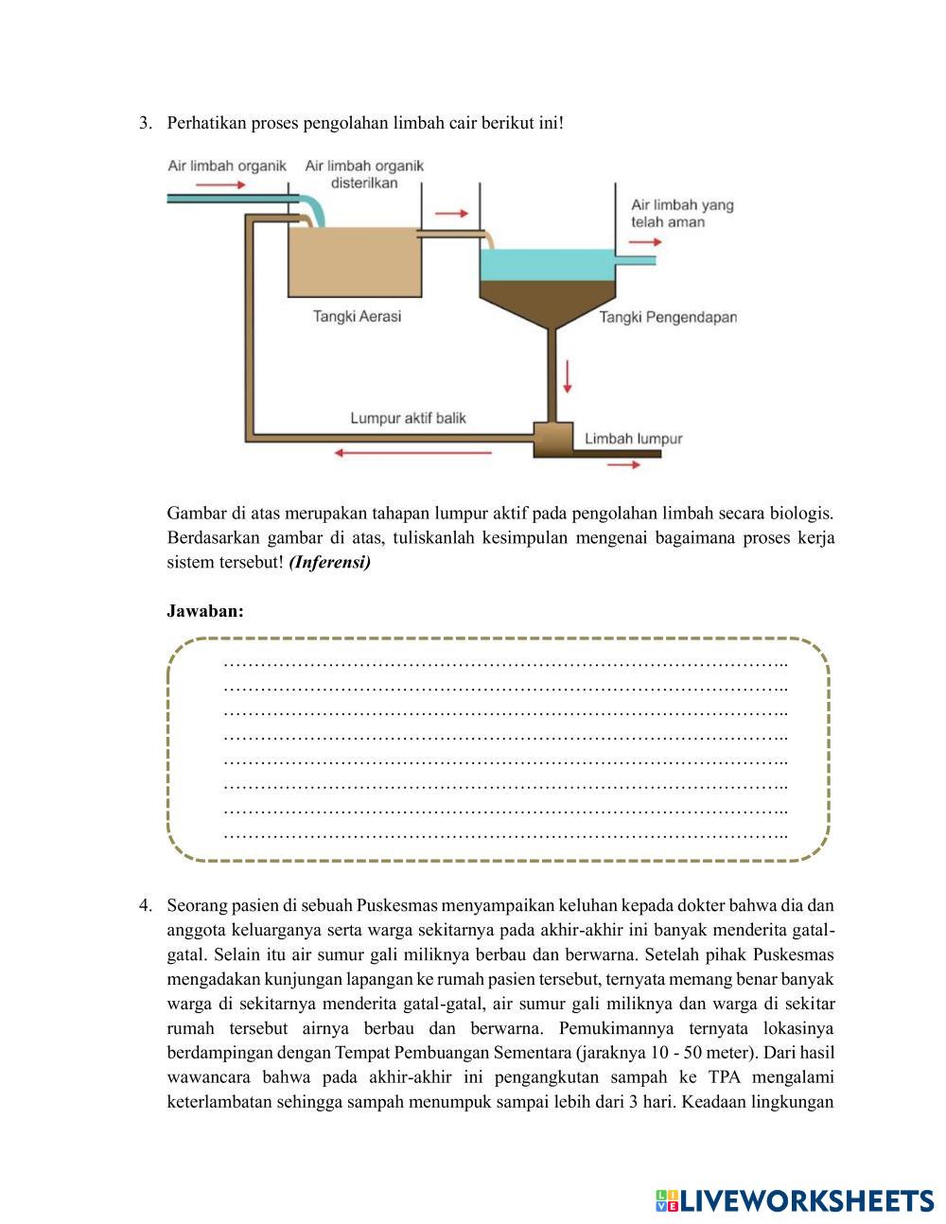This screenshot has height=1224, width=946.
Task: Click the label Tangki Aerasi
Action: pyautogui.click(x=357, y=317)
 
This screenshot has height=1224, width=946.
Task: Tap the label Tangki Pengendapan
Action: pyautogui.click(x=668, y=318)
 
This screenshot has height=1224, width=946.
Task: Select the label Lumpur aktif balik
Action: pyautogui.click(x=408, y=418)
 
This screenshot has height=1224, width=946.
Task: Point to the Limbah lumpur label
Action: pyautogui.click(x=633, y=439)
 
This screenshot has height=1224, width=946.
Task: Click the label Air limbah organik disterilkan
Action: pyautogui.click(x=364, y=174)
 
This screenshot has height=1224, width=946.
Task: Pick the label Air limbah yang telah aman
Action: pyautogui.click(x=681, y=213)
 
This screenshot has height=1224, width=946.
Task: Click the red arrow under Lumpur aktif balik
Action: pyautogui.click(x=413, y=453)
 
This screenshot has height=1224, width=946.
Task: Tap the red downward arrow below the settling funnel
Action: pyautogui.click(x=568, y=376)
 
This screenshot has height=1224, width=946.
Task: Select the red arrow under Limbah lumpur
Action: pyautogui.click(x=622, y=465)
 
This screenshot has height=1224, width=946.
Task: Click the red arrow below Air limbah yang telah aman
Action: pyautogui.click(x=647, y=241)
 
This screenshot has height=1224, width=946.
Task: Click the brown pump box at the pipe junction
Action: pyautogui.click(x=554, y=437)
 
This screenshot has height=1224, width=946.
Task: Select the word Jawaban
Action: pyautogui.click(x=205, y=611)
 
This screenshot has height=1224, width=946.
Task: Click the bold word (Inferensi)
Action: pyautogui.click(x=330, y=563)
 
